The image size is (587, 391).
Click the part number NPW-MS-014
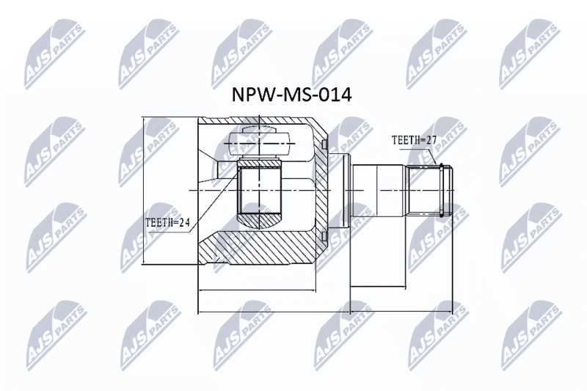click(291, 95)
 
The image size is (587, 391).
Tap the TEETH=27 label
click(415, 140)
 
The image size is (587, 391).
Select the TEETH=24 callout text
click(167, 223)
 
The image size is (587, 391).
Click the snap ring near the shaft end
click(442, 191)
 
